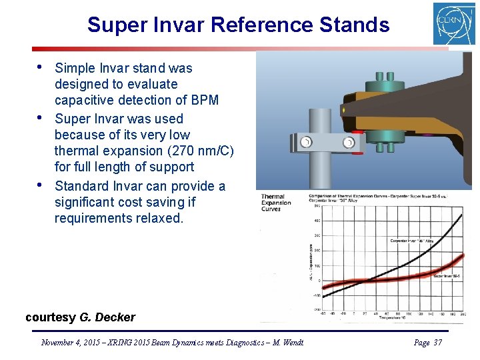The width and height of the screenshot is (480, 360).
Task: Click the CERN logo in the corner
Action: coord(454,24)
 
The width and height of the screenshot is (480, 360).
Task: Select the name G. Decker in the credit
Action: coord(107,317)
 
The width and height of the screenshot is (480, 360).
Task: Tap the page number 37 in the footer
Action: coord(437,343)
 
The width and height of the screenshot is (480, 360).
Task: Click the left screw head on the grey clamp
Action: coord(306,142)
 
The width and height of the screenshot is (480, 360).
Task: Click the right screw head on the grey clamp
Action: coord(348,143)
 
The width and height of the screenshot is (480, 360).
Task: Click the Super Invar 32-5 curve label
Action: coord(447,275)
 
